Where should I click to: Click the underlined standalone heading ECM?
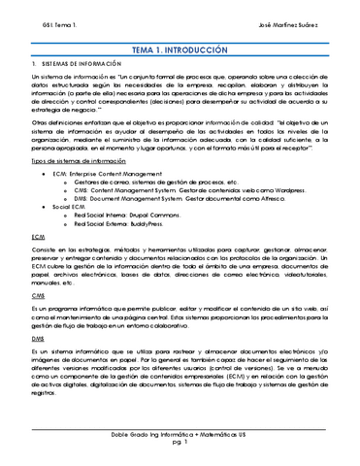tap(38, 236)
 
